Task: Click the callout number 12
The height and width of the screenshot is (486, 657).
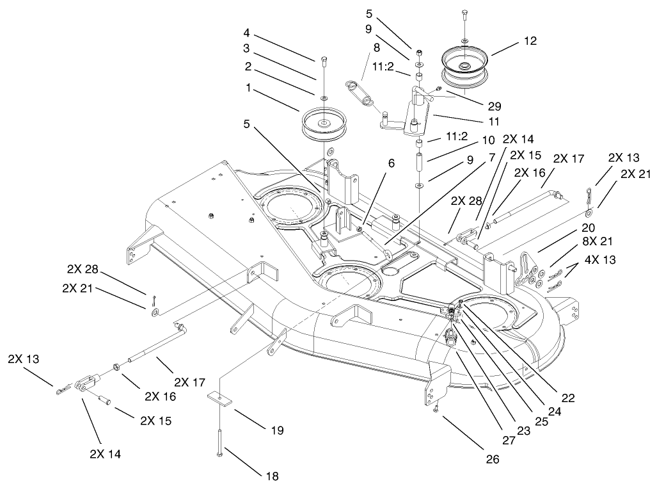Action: click(529, 41)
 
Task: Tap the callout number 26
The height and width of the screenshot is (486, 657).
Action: click(492, 458)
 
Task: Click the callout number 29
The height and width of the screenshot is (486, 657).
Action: click(494, 106)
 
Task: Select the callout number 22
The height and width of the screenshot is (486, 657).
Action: click(567, 398)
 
